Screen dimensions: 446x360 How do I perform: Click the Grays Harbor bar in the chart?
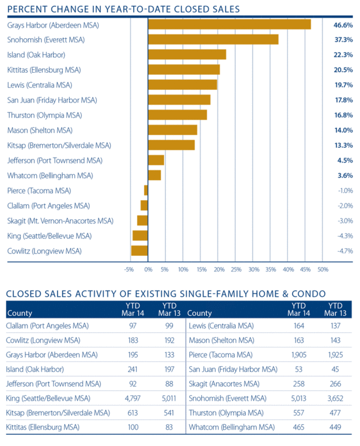tap(229, 25)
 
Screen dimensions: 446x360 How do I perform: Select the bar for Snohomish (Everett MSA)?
tap(213, 39)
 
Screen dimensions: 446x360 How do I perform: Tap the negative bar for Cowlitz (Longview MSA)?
tap(139, 251)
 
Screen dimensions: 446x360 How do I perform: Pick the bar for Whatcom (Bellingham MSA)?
tap(154, 175)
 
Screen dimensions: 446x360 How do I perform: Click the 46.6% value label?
tap(343, 25)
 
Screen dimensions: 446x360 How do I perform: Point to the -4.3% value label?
tap(344, 236)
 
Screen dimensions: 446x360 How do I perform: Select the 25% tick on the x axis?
tap(236, 270)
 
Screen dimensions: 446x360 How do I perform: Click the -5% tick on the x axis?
tap(129, 270)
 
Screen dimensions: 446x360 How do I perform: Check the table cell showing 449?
tap(335, 427)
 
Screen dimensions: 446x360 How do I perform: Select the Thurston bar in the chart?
tap(178, 114)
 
